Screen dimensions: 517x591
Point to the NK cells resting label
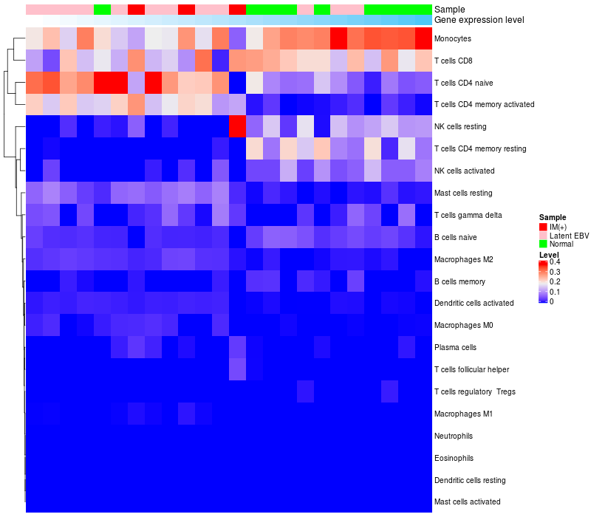467,127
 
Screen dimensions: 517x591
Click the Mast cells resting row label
468,194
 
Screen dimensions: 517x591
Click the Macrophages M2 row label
464,260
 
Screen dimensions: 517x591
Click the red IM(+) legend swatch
543,226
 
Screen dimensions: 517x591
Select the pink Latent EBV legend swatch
543,235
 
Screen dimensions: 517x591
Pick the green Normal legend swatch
543,244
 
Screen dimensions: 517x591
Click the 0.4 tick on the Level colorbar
554,262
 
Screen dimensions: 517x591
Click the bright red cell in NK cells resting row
237,127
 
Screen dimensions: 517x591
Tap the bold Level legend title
549,254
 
